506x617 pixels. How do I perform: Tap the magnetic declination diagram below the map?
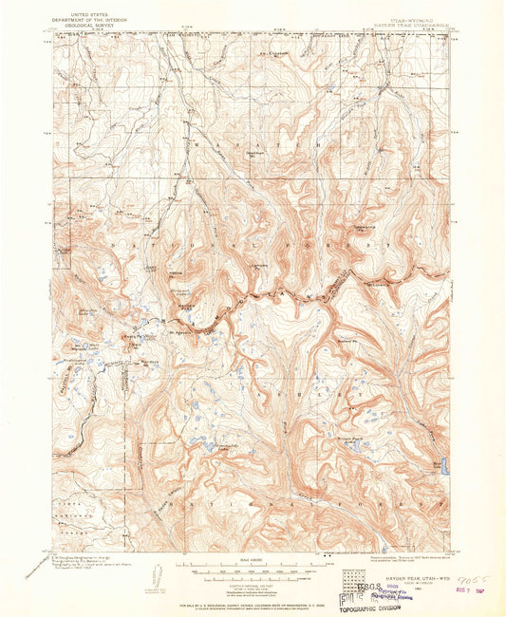[158, 573]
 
